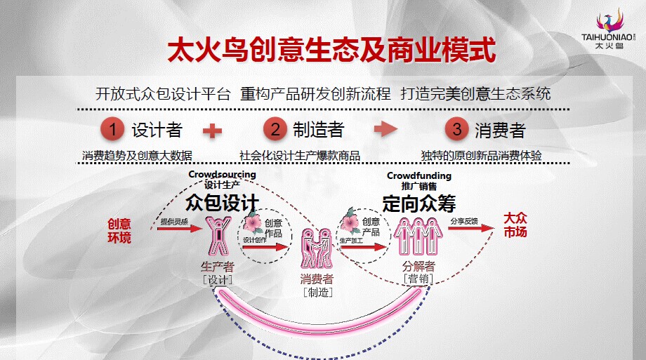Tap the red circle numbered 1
point(111,129)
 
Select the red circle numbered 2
point(275,129)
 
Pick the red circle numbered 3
point(457,129)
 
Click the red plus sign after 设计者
point(212,130)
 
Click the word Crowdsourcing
point(222,175)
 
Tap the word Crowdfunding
point(419,175)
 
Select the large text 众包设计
point(222,203)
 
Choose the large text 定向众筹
point(419,203)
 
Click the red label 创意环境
point(119,231)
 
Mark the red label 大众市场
point(515,225)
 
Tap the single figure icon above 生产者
point(217,236)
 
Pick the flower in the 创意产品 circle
point(350,223)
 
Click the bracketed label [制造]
point(317,293)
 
